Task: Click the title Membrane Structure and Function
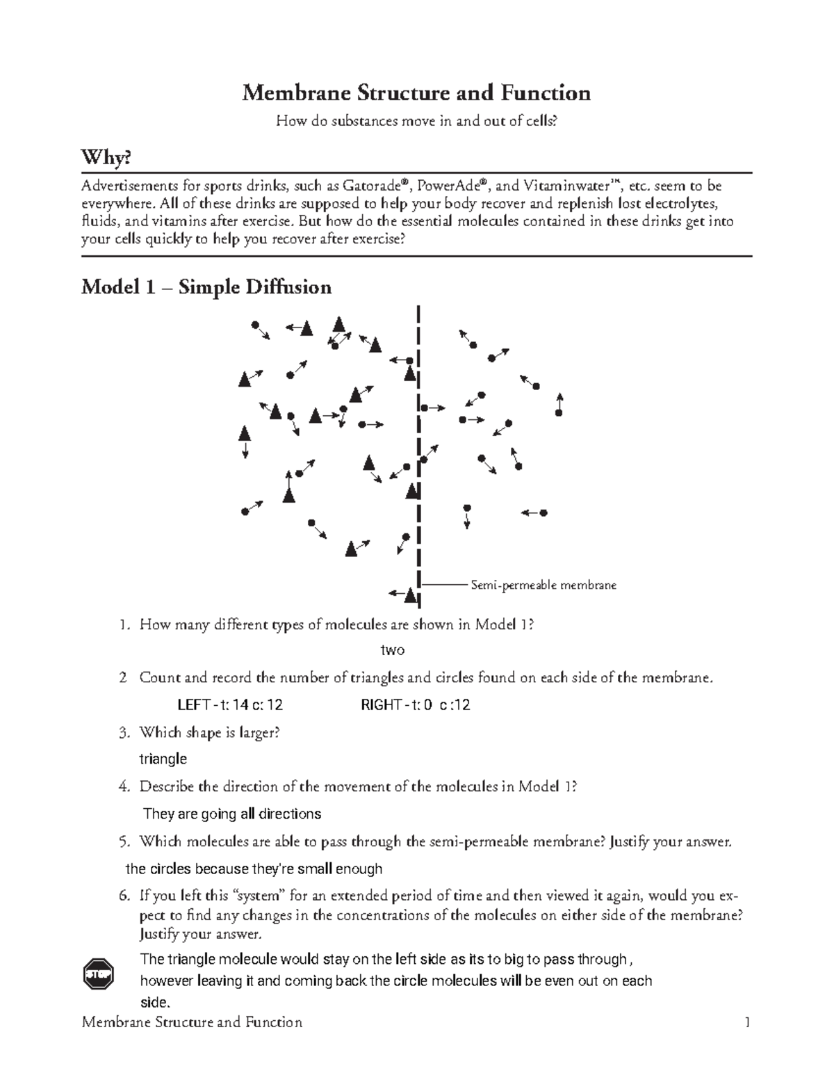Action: (x=416, y=93)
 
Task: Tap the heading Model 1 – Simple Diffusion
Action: (x=206, y=287)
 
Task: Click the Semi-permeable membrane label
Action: (x=543, y=586)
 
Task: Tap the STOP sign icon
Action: (x=98, y=974)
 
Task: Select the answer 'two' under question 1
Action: (x=393, y=650)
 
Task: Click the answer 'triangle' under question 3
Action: (x=163, y=759)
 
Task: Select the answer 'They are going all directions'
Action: (x=232, y=814)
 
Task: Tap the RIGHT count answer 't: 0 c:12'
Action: (x=416, y=705)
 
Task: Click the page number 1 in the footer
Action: (x=747, y=1022)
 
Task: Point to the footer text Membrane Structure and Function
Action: (x=192, y=1022)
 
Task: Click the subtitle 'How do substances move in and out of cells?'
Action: (x=416, y=121)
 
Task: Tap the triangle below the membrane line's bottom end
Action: (x=411, y=595)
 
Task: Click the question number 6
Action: (x=124, y=896)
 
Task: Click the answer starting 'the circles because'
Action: (x=254, y=869)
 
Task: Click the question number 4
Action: (x=124, y=787)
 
